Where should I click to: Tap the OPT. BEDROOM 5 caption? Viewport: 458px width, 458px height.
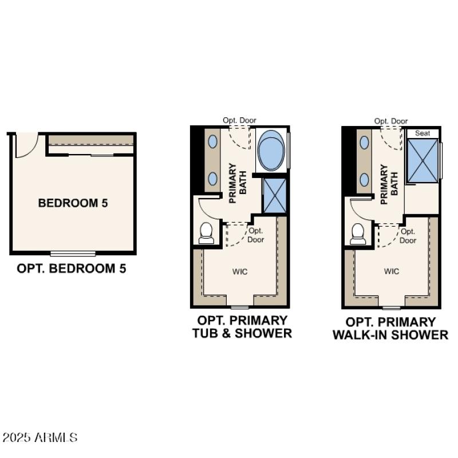coord(72,268)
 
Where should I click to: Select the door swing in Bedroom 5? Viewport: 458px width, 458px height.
coord(26,145)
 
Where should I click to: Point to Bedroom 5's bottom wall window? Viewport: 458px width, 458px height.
coord(73,253)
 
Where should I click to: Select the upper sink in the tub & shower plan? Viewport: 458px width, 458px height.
coord(212,141)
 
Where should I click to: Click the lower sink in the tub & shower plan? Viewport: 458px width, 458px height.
coord(212,178)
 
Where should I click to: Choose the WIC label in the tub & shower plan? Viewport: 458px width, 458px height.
coord(240,271)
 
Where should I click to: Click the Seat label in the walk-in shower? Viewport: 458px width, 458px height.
coord(423,133)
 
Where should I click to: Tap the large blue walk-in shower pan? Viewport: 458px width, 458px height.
coord(423,160)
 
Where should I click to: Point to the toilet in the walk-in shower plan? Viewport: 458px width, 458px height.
coord(358,234)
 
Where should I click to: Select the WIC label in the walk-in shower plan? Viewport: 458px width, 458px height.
coord(392,271)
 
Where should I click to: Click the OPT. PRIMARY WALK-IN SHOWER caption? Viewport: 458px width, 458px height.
coord(390,329)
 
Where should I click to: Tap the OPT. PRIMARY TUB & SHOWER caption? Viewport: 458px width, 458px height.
coord(242,326)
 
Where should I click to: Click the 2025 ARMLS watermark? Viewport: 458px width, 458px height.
coord(40,438)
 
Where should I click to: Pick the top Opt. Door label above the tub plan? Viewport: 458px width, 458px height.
coord(239,120)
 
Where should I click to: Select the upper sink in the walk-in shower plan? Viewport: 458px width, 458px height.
coord(364,141)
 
